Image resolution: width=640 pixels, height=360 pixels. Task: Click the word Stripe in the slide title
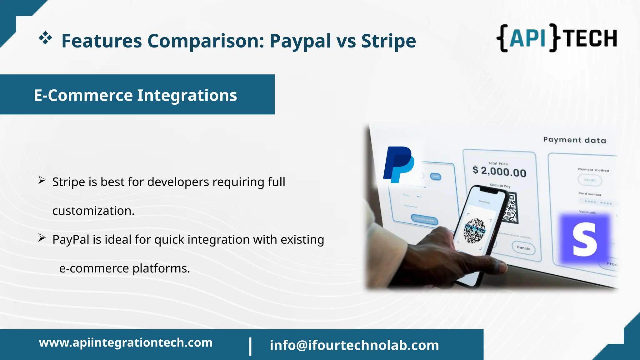point(388,41)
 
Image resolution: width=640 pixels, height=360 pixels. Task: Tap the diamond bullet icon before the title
point(45,38)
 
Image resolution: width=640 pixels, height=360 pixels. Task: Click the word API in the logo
point(527,38)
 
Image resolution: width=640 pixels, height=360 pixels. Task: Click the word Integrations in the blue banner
point(187,95)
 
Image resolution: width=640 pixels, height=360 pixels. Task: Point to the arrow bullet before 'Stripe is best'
point(42,180)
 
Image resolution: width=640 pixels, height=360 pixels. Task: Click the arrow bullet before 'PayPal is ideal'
point(42,238)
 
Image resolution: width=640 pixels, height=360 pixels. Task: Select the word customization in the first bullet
point(93,211)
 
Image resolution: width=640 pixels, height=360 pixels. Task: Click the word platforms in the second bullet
point(161,268)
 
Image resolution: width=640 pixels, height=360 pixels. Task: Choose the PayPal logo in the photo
point(398,164)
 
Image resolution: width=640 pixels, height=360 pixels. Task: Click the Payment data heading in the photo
point(574,140)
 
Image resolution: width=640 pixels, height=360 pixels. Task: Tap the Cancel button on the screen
point(523,248)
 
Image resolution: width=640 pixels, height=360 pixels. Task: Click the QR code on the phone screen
point(474,230)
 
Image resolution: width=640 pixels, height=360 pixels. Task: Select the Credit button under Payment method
point(590,180)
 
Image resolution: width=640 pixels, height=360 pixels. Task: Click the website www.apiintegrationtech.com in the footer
point(126,343)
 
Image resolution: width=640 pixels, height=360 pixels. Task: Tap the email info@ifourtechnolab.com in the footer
point(354,345)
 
